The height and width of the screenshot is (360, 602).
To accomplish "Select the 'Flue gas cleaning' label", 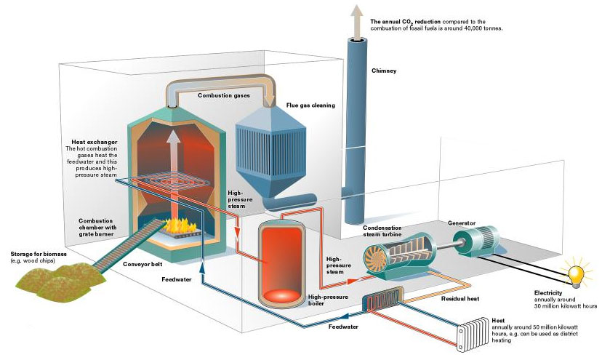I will coord(310,105).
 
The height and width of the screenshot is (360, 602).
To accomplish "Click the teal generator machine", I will coord(476,239).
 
